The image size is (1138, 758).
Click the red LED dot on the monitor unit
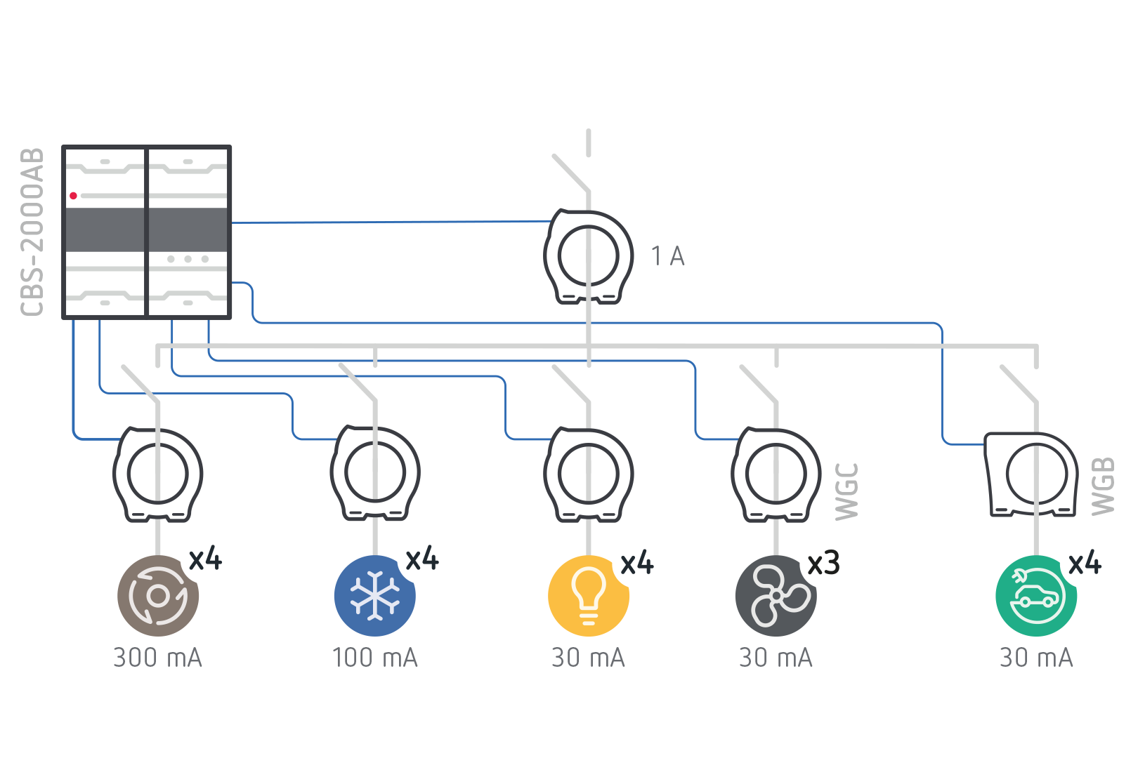[73, 196]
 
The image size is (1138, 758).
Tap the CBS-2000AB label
[33, 232]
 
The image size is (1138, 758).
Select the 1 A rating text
[667, 256]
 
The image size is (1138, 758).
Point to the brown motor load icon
[158, 596]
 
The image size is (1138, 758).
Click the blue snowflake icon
[374, 596]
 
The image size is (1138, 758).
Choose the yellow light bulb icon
[589, 596]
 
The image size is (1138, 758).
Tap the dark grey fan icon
[776, 596]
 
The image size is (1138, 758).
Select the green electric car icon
[1036, 596]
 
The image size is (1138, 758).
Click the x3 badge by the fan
[824, 563]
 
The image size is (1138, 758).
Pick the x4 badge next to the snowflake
[422, 559]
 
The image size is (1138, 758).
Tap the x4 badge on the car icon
[1085, 563]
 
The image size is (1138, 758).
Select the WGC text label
[846, 491]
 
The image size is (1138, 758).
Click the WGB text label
[1104, 486]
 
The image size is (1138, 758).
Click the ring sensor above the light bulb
[589, 474]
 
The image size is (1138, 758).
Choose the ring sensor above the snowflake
[374, 474]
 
